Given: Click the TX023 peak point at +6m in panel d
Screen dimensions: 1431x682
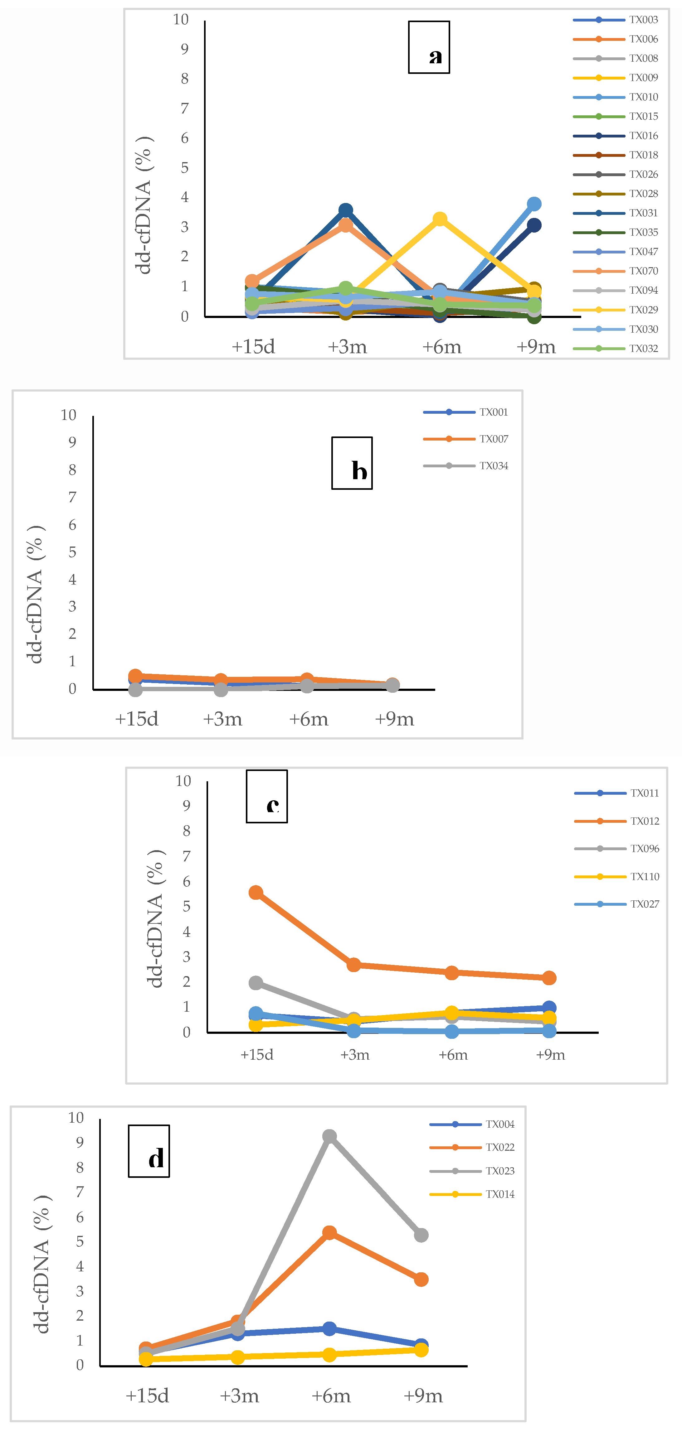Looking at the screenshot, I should coord(329,1136).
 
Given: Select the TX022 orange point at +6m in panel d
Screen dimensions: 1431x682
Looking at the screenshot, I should coord(329,1232).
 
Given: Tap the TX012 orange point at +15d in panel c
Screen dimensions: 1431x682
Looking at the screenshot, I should coord(256,892).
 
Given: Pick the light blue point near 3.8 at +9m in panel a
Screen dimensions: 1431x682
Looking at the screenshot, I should coord(534,204).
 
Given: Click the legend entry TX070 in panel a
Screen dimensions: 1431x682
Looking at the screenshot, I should coord(643,271).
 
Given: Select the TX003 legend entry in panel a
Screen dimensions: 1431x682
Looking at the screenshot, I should coord(643,20).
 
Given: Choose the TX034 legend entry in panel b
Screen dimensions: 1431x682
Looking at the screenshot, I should coord(494,465).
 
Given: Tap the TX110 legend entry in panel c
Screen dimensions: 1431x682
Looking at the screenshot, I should coord(644,877).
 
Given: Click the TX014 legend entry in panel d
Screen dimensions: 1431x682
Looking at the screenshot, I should coord(500,1194).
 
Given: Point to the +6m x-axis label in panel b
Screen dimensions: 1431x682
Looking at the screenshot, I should coord(309,719).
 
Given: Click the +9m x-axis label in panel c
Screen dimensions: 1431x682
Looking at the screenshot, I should coord(550,1054).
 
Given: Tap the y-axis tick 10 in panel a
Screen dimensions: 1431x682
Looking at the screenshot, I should coord(181,20).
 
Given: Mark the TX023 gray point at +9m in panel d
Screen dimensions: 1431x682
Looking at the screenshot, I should coord(421,1235).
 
